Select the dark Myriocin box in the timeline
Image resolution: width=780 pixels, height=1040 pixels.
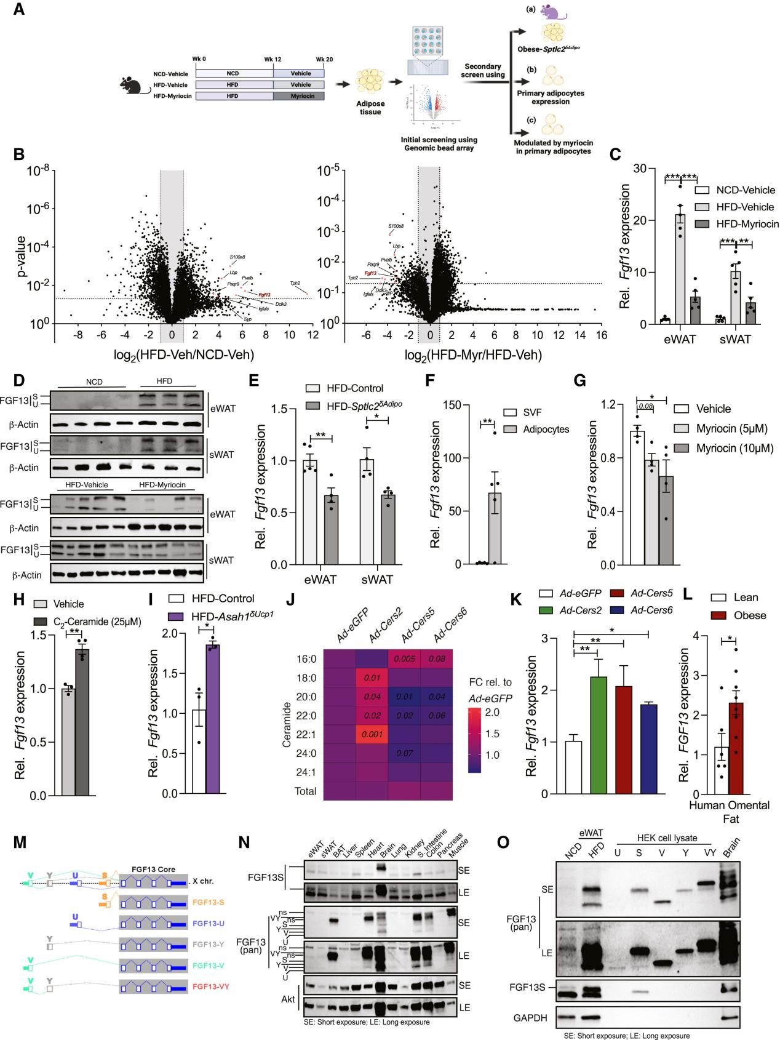pyautogui.click(x=300, y=95)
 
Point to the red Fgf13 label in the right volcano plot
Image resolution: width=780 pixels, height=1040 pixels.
pyautogui.click(x=370, y=273)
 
